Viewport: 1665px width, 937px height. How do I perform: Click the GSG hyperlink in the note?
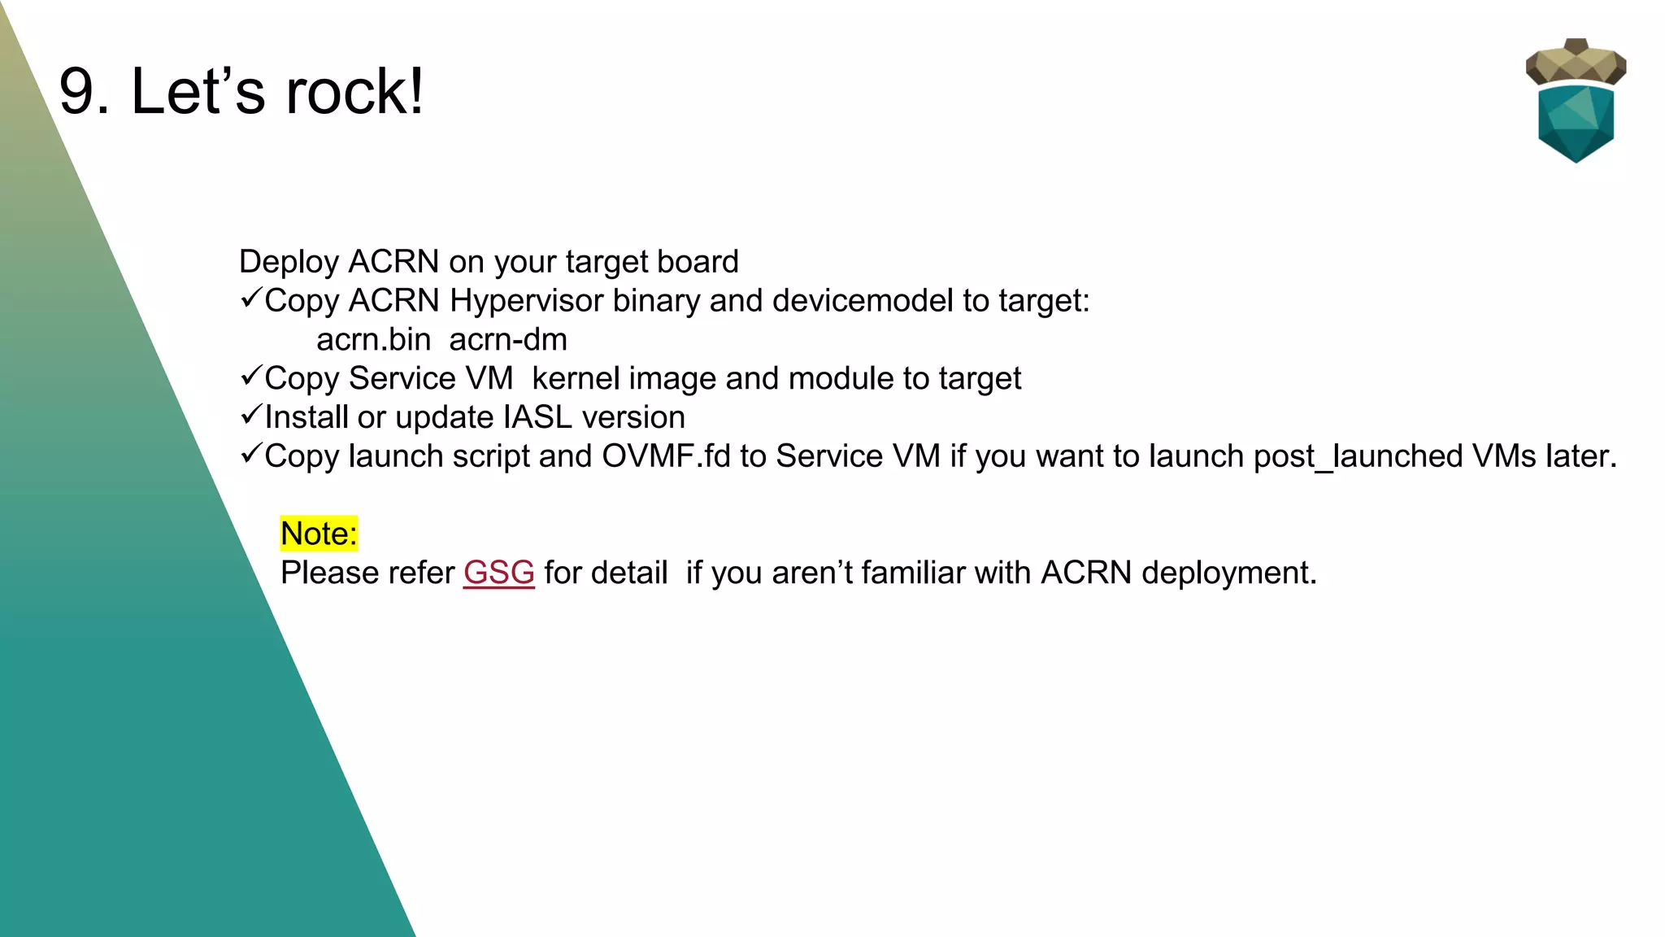tap(498, 573)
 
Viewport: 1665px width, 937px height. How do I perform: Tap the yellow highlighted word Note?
tap(319, 534)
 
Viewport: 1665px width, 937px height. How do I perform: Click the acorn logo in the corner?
tap(1576, 102)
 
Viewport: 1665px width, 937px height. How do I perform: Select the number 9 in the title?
tap(83, 91)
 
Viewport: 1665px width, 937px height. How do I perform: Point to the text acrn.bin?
tap(373, 340)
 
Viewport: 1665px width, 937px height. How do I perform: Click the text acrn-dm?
tap(508, 340)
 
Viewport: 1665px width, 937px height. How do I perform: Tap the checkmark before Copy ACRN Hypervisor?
tap(250, 299)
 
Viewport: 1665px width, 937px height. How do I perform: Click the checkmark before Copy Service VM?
tap(250, 376)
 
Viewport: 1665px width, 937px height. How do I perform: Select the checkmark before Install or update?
tap(250, 415)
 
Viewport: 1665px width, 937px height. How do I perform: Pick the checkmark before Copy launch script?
tap(250, 454)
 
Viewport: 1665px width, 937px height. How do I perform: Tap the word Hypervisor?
tap(526, 302)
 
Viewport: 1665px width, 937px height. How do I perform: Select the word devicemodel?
tap(863, 301)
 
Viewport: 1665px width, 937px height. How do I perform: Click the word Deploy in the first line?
tap(289, 263)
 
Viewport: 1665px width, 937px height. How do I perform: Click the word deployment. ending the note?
tap(1228, 573)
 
